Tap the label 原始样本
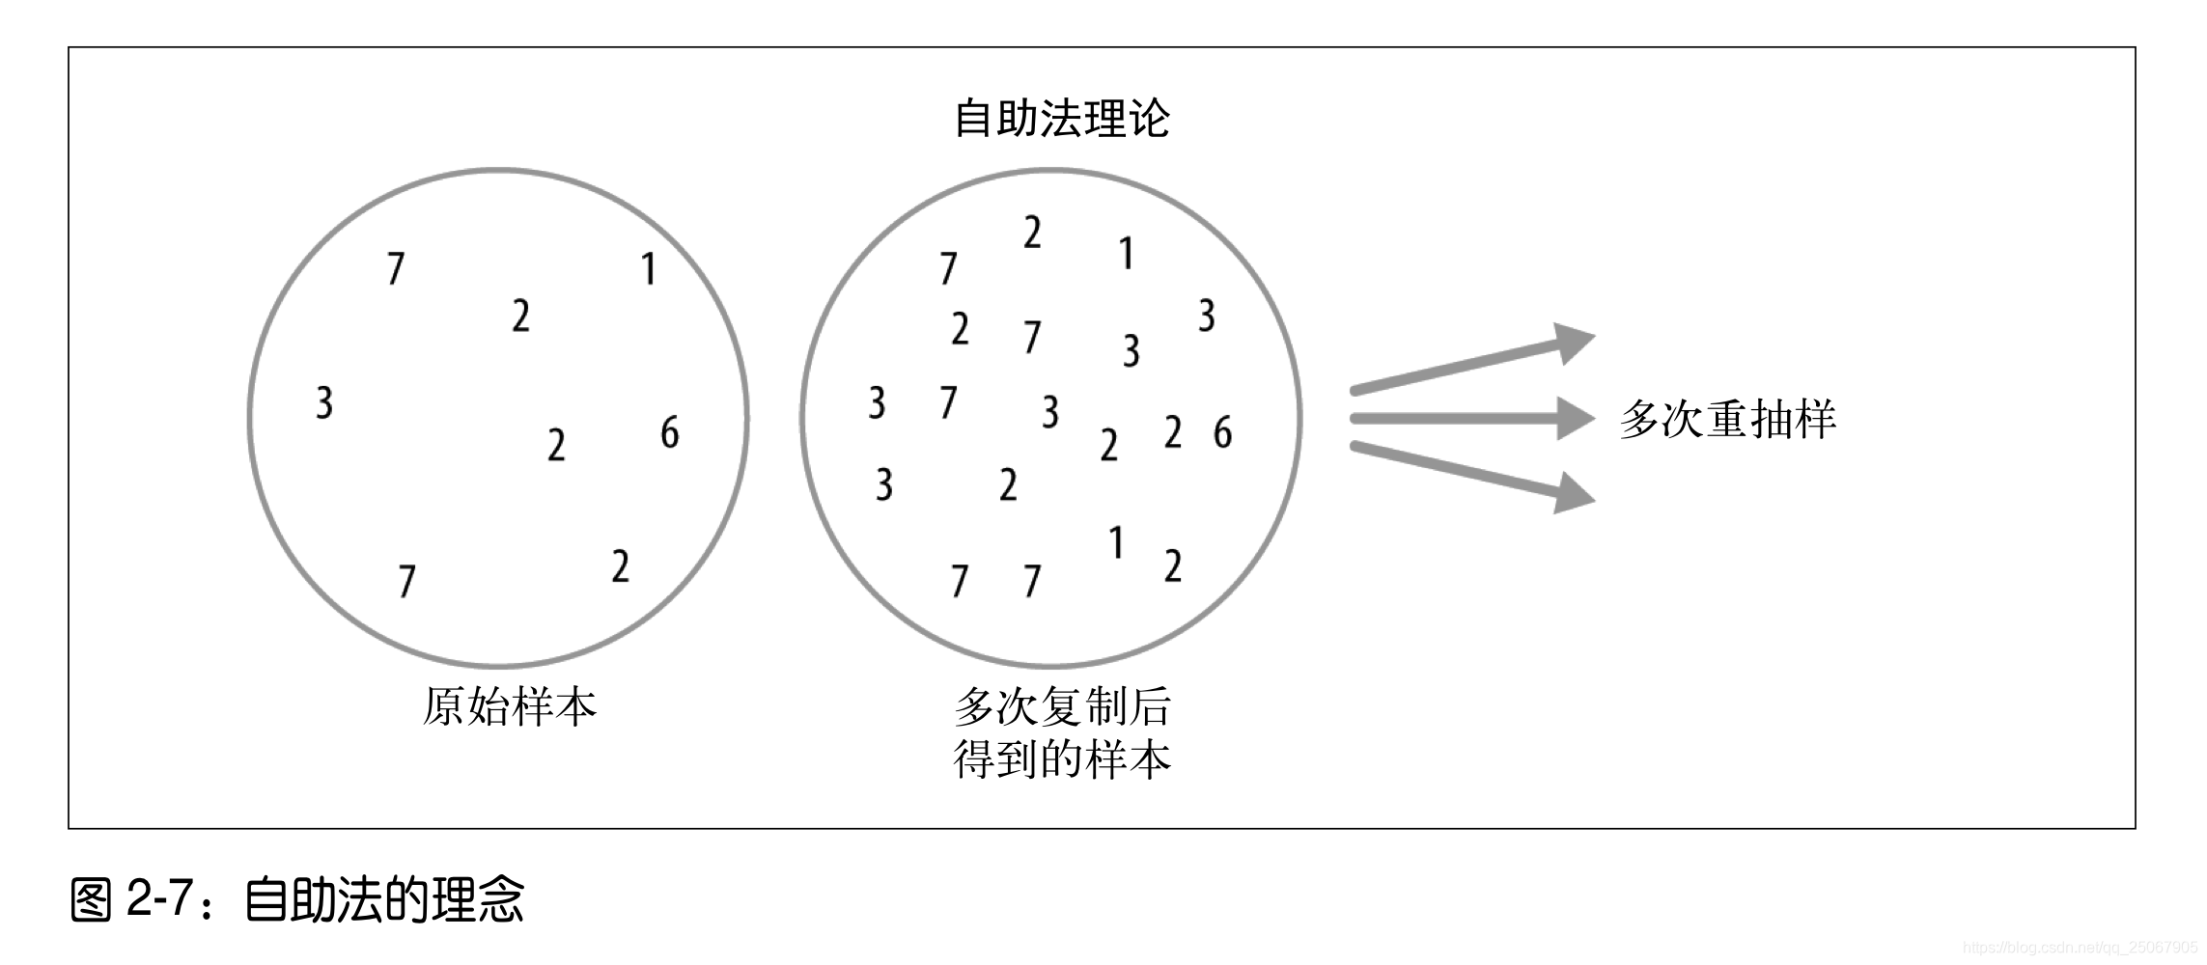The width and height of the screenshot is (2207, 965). pyautogui.click(x=510, y=707)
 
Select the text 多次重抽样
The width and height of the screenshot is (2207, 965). pyautogui.click(x=1727, y=420)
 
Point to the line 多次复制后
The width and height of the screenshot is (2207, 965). pyautogui.click(x=1061, y=707)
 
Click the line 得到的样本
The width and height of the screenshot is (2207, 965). pyautogui.click(x=1061, y=759)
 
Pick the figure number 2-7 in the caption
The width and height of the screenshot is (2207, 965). pyautogui.click(x=159, y=899)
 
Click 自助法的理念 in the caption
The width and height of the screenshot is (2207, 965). pyautogui.click(x=384, y=899)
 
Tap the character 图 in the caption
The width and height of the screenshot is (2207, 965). pyautogui.click(x=93, y=899)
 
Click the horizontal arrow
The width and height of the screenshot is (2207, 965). pyautogui.click(x=1472, y=419)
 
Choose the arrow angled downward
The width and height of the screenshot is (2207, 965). pyautogui.click(x=1472, y=474)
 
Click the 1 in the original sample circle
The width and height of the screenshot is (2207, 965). pyautogui.click(x=649, y=268)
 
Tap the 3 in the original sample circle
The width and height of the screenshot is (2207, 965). pyautogui.click(x=324, y=402)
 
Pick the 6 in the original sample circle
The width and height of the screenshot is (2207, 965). pyautogui.click(x=669, y=431)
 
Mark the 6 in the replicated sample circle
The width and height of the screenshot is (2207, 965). pyautogui.click(x=1222, y=432)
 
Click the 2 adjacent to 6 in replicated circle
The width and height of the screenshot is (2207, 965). pyautogui.click(x=1173, y=432)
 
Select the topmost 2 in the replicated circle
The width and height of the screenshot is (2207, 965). pyautogui.click(x=1032, y=233)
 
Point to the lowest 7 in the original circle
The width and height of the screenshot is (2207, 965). pyautogui.click(x=406, y=581)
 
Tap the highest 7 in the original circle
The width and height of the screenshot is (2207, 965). pyautogui.click(x=395, y=268)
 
